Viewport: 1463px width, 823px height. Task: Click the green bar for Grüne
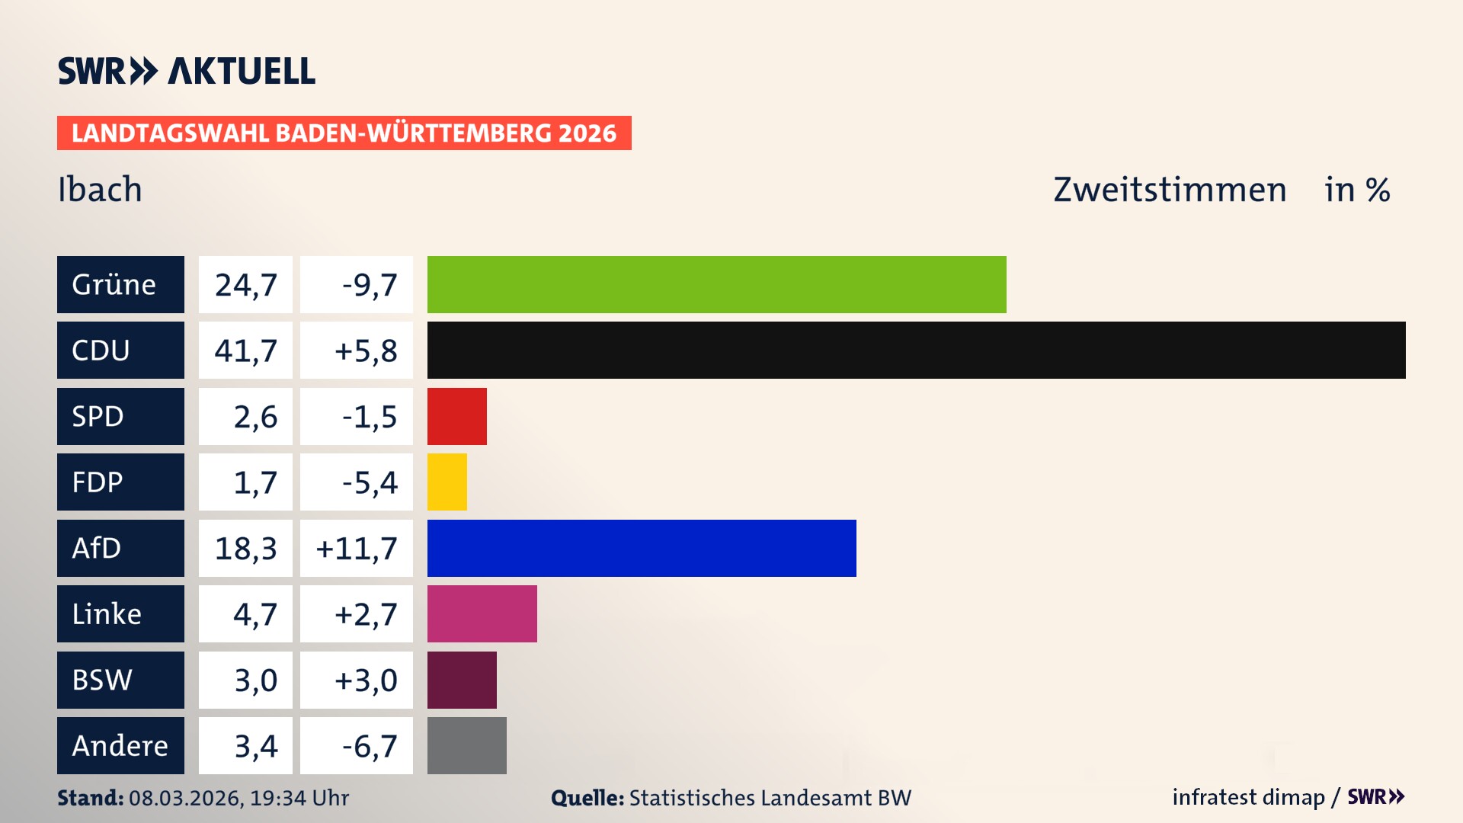tap(716, 284)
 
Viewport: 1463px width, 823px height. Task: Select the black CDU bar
tap(916, 350)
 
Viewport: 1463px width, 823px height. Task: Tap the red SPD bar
tap(456, 416)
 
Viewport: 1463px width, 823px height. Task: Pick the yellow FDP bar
tap(447, 482)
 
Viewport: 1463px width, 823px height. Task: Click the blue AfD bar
tap(642, 548)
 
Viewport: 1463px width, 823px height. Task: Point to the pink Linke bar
tap(482, 613)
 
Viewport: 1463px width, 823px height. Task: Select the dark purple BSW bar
tap(462, 680)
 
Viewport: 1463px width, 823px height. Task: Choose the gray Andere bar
tap(466, 745)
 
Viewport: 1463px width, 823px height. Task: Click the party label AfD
tap(97, 548)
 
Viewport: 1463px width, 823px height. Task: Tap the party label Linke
tap(107, 613)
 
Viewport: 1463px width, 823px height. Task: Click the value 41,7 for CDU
tap(245, 351)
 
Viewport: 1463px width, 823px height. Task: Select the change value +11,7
tap(357, 548)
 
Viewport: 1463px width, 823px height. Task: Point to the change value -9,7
tap(370, 285)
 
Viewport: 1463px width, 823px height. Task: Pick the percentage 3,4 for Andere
tap(255, 746)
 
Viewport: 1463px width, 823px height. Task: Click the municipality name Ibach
tap(100, 189)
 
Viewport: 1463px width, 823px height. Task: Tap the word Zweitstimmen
tap(1170, 189)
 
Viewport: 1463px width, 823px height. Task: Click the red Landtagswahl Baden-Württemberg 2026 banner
tap(344, 133)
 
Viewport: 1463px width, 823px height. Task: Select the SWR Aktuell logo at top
tap(187, 71)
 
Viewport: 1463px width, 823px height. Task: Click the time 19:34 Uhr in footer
tap(299, 798)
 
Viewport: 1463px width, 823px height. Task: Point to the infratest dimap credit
tap(1248, 797)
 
